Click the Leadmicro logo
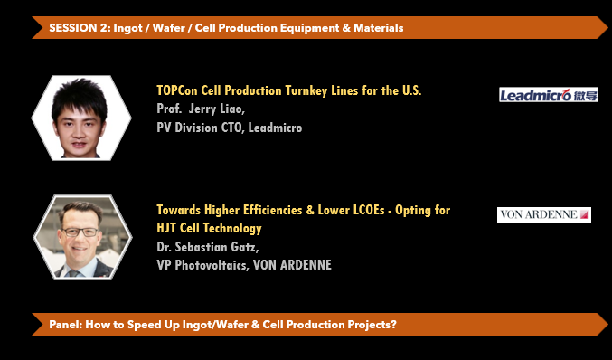click(549, 94)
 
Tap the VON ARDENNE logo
click(544, 214)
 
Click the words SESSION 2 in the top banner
click(78, 28)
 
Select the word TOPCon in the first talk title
click(177, 90)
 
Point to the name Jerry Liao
click(217, 109)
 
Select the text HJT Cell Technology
click(209, 229)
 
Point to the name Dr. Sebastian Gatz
click(208, 247)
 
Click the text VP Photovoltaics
click(202, 265)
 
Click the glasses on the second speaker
click(80, 232)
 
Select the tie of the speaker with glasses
click(73, 273)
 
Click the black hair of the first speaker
click(80, 96)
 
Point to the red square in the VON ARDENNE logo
click(584, 214)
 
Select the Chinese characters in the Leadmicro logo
click(586, 95)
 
